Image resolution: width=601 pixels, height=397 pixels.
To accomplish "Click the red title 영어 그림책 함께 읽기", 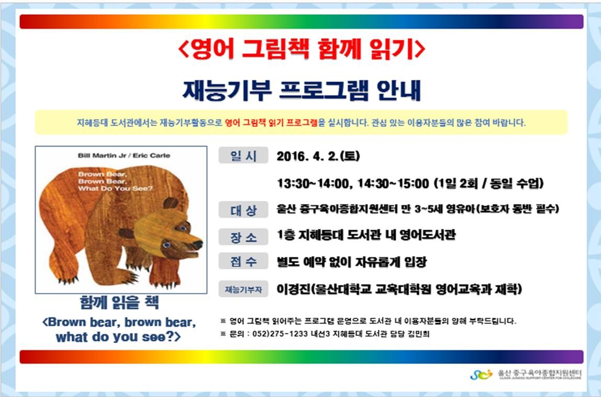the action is pyautogui.click(x=302, y=49).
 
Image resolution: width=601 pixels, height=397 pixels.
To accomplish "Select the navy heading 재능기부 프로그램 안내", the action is pyautogui.click(x=302, y=90).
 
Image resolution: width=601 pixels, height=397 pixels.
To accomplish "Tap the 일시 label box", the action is pyautogui.click(x=243, y=156).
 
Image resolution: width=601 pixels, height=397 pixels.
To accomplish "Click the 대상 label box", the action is pyautogui.click(x=243, y=210).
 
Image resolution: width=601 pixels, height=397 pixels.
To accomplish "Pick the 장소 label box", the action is pyautogui.click(x=243, y=237).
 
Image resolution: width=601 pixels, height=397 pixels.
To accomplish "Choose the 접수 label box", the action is pyautogui.click(x=243, y=261).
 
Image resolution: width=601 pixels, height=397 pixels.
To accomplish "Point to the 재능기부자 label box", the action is pyautogui.click(x=243, y=289).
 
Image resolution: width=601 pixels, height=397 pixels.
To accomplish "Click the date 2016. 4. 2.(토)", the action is pyautogui.click(x=318, y=156).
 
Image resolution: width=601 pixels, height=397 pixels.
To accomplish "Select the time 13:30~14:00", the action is pyautogui.click(x=313, y=184).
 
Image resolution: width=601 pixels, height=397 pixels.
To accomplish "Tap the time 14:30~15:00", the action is pyautogui.click(x=393, y=184).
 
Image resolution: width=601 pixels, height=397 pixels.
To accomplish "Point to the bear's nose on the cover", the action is pyautogui.click(x=198, y=244).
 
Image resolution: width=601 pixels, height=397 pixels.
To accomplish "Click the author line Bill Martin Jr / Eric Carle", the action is pyautogui.click(x=124, y=155).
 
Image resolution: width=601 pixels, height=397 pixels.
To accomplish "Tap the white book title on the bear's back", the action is pyautogui.click(x=115, y=181).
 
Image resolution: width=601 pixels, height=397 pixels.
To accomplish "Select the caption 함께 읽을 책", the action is pyautogui.click(x=119, y=302).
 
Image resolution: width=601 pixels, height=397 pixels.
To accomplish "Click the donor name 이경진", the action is pyautogui.click(x=293, y=289).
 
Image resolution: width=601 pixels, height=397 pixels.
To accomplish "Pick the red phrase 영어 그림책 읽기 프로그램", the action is pyautogui.click(x=271, y=123).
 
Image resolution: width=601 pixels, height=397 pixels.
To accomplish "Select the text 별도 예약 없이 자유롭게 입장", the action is pyautogui.click(x=351, y=262).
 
